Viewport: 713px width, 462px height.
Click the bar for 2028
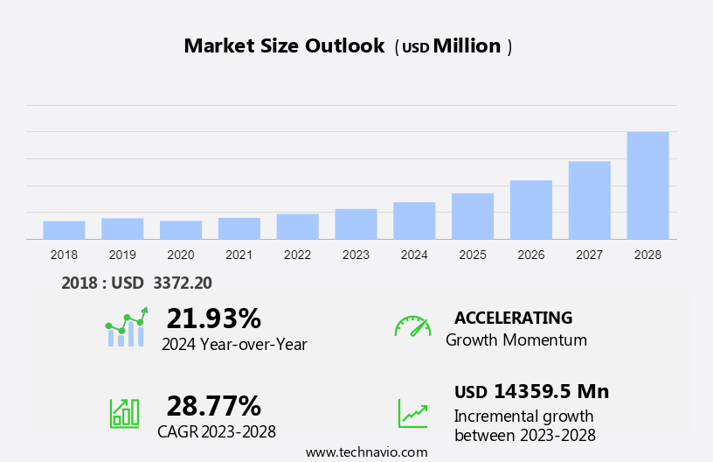(647, 185)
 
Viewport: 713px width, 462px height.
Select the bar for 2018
(64, 230)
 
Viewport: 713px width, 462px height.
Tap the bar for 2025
(473, 216)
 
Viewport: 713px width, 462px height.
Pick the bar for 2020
(181, 230)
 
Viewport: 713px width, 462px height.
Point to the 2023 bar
(356, 224)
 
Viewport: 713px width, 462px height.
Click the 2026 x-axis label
(531, 255)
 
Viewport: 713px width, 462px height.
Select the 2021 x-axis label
(239, 255)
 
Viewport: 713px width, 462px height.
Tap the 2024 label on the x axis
(414, 255)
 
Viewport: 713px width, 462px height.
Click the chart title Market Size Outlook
(284, 46)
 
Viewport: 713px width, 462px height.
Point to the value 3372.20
(183, 283)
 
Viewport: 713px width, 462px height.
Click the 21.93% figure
(213, 318)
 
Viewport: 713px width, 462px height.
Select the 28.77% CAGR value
(213, 406)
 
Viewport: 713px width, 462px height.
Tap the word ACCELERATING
(513, 318)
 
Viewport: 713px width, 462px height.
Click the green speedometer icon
(412, 326)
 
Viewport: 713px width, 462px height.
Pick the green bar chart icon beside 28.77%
(124, 413)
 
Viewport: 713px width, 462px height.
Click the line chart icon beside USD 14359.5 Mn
(412, 413)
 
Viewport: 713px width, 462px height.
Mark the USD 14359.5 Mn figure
(531, 391)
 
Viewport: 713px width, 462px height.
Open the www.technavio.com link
(367, 452)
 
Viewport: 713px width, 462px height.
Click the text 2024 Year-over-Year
(234, 344)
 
